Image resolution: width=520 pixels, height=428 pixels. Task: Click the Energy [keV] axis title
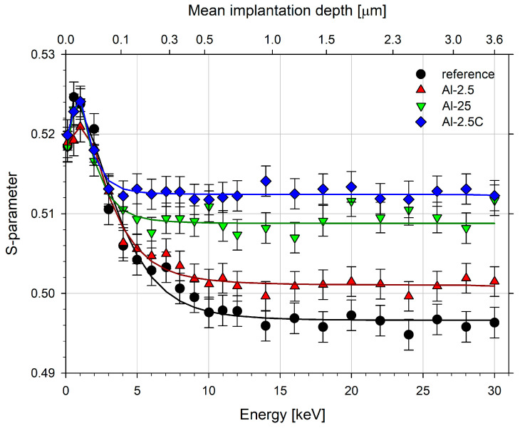280,413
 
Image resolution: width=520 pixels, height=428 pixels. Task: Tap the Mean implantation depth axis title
280,12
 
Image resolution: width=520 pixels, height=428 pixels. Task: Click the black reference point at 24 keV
409,335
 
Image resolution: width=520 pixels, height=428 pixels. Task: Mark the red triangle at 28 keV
466,277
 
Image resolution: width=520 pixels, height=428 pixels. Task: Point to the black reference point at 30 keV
494,323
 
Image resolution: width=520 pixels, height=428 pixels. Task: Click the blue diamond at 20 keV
351,187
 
